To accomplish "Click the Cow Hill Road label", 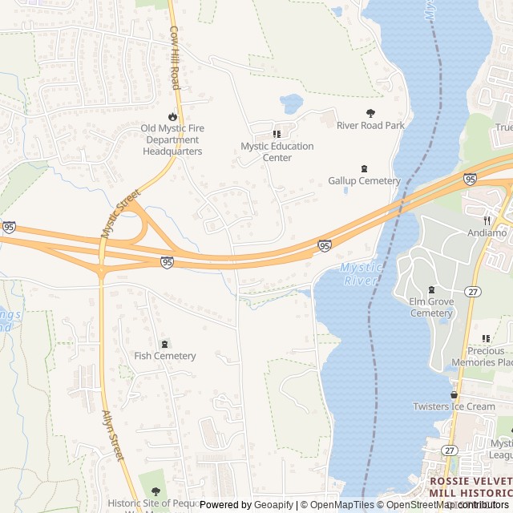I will coord(174,57).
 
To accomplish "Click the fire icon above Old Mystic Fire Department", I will coord(172,116).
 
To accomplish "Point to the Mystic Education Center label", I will coord(277,151).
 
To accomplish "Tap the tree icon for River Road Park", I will coord(370,114).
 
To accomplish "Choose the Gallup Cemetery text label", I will coord(364,181).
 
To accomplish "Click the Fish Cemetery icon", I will coord(165,344).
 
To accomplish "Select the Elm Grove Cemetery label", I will coord(431,307).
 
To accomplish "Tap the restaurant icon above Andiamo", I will coord(487,220).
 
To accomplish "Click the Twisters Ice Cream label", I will coord(454,406).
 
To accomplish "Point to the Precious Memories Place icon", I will coord(487,339).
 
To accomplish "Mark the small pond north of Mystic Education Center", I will coord(291,103).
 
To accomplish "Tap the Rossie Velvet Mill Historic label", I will coord(470,487).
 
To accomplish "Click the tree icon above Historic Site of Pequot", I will coord(156,491).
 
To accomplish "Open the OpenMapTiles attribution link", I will coord(337,505).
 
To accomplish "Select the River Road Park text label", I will coord(370,126).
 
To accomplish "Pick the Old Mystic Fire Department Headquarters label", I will coord(172,139).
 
